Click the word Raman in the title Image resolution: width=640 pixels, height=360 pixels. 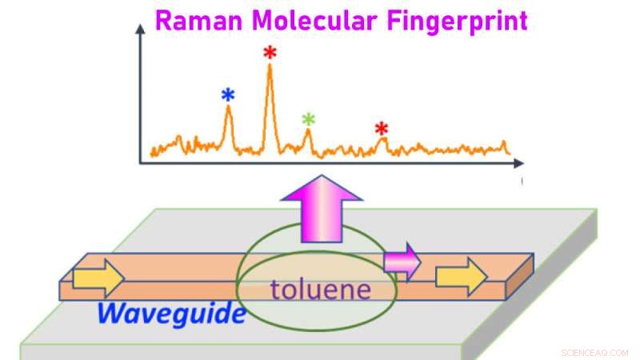198,21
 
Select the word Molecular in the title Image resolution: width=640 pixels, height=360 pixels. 314,21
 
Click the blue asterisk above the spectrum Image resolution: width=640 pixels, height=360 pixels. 228,95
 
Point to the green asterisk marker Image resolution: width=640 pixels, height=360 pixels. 309,119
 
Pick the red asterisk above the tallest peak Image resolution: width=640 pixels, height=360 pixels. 270,52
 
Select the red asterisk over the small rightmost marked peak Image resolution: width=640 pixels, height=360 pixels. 382,129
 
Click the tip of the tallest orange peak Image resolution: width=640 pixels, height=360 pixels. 270,65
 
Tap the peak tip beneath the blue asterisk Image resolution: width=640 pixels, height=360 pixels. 228,106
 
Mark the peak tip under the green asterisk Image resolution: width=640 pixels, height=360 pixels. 308,130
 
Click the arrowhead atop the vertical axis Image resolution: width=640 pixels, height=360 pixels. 140,29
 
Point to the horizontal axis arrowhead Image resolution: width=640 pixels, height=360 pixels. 518,163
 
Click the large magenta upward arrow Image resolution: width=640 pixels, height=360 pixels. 322,209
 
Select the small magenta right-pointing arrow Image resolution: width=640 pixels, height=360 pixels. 402,262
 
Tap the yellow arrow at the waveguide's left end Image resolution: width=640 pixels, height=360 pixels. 98,278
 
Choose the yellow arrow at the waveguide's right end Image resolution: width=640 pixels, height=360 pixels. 462,277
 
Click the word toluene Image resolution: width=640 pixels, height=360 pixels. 321,290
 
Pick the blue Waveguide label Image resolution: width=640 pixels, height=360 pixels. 172,314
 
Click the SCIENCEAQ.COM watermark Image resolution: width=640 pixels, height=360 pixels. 594,353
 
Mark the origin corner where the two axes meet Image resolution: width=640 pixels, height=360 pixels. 140,163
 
